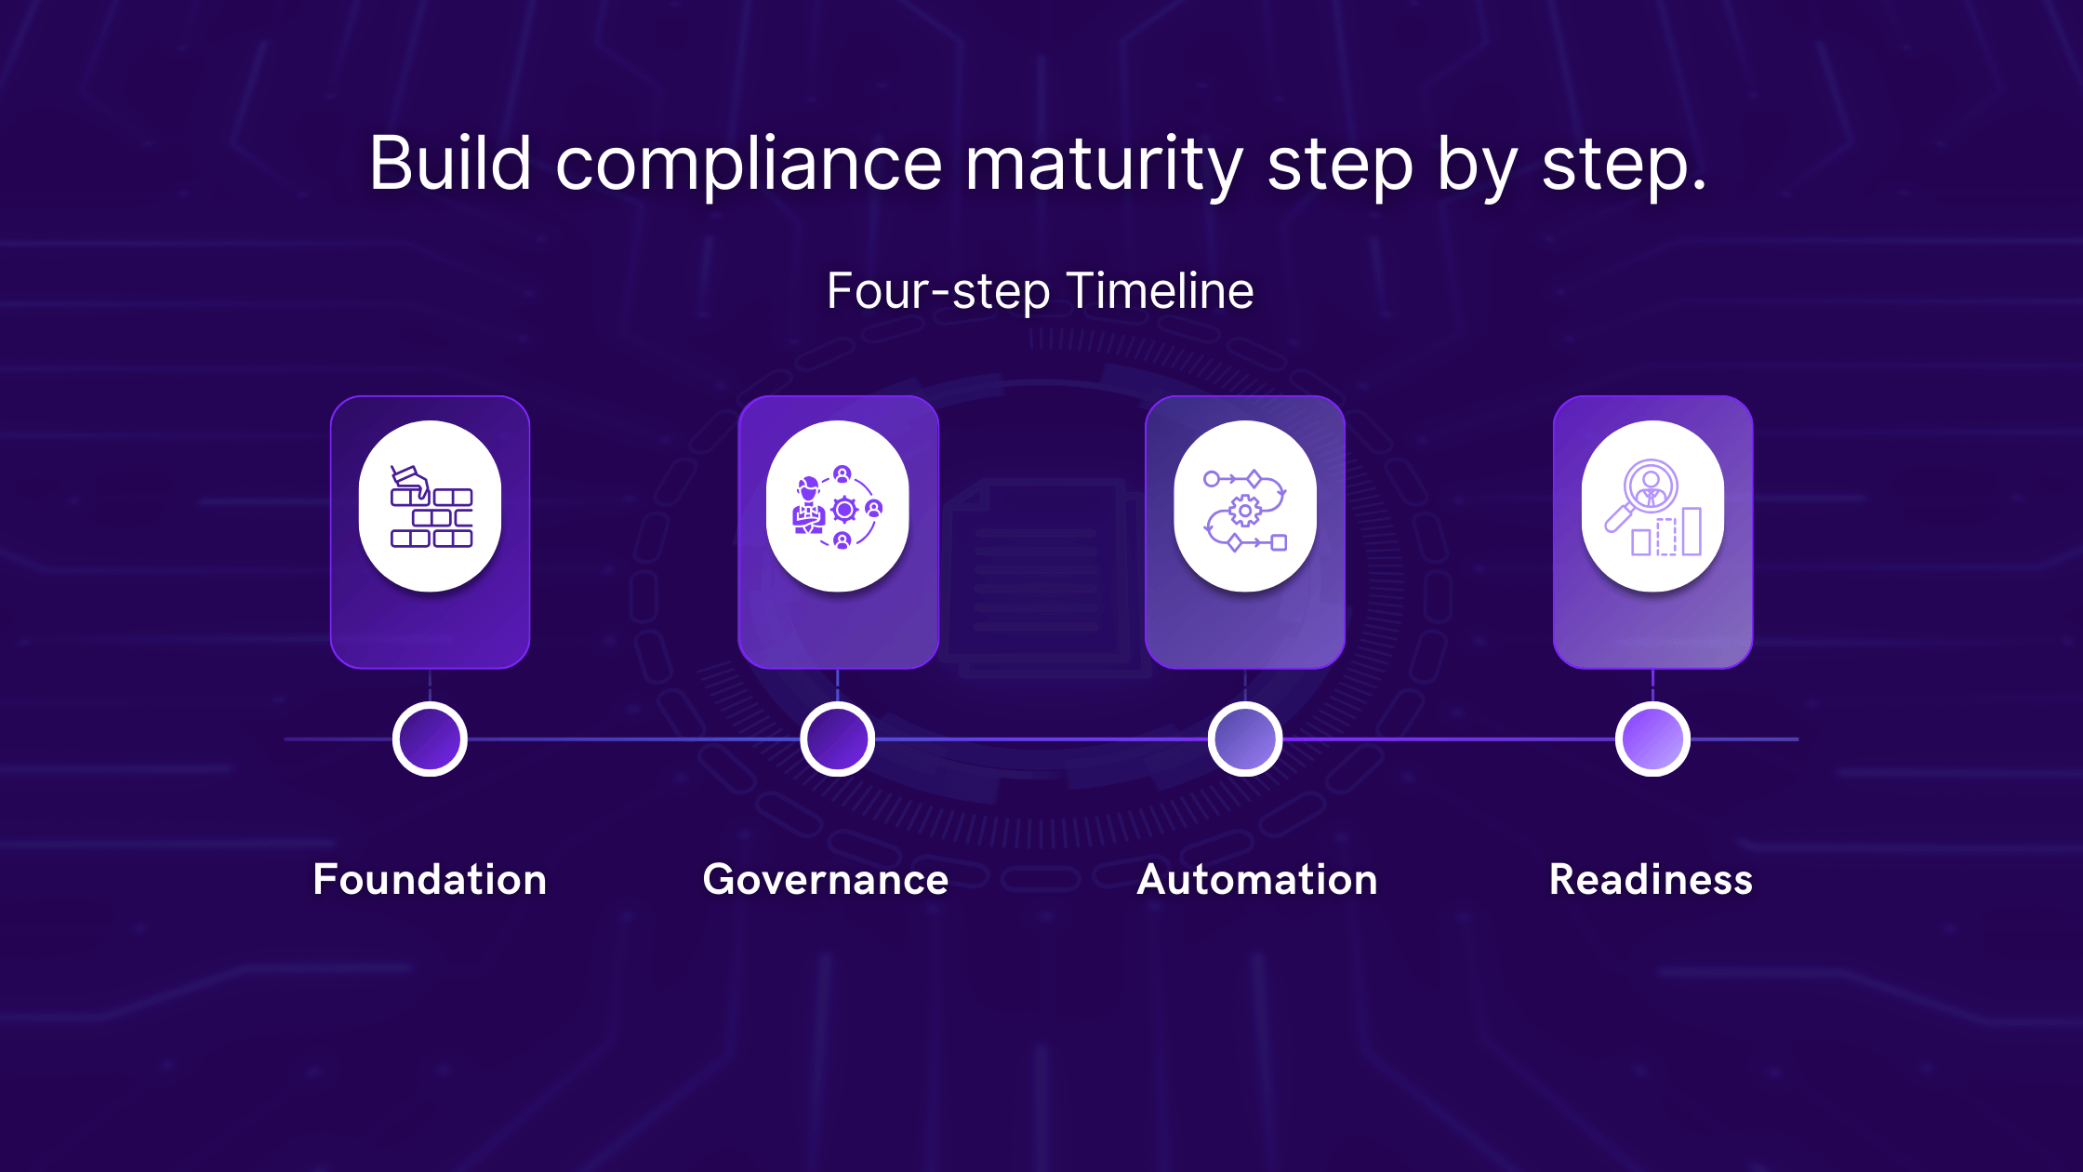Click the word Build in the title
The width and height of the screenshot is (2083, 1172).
coord(450,164)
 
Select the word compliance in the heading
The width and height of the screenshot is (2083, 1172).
coord(750,166)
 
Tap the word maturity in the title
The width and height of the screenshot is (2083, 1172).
coord(1104,166)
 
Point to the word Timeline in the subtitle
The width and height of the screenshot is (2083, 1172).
coord(1160,291)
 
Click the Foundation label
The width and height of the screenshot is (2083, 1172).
coord(430,880)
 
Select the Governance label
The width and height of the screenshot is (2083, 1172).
coord(826,880)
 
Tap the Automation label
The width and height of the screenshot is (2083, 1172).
coord(1257,880)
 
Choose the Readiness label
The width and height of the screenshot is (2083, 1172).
coord(1651,880)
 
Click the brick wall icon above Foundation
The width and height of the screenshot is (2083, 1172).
coord(431,506)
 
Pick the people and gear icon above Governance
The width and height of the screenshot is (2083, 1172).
coord(837,506)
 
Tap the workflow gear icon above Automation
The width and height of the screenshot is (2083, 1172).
coord(1245,506)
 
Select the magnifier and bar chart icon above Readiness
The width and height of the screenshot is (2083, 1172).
coord(1652,506)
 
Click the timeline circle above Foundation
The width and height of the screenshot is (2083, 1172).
coord(430,739)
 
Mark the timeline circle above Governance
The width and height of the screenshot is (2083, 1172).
coord(837,739)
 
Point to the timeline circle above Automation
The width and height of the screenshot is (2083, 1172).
coord(1245,739)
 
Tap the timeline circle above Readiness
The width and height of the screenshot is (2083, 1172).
coord(1652,739)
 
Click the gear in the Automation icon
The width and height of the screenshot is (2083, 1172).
coord(1245,510)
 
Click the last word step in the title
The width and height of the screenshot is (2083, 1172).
coord(1624,166)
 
